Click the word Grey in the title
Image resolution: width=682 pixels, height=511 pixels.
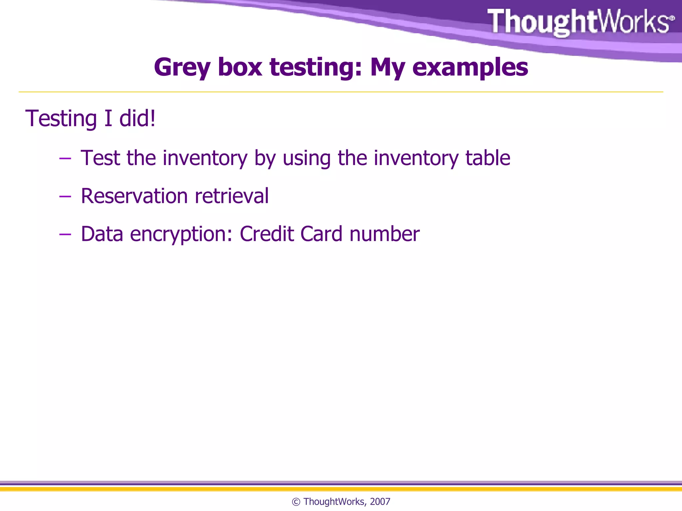[182, 68]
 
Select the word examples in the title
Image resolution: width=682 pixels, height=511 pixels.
[470, 68]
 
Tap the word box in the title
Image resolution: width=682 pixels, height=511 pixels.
[240, 67]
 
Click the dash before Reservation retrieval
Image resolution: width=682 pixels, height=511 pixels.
[65, 197]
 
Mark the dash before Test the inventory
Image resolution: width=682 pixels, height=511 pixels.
[65, 159]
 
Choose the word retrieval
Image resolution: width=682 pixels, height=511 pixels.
[232, 196]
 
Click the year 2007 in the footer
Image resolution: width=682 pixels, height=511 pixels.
[380, 502]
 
